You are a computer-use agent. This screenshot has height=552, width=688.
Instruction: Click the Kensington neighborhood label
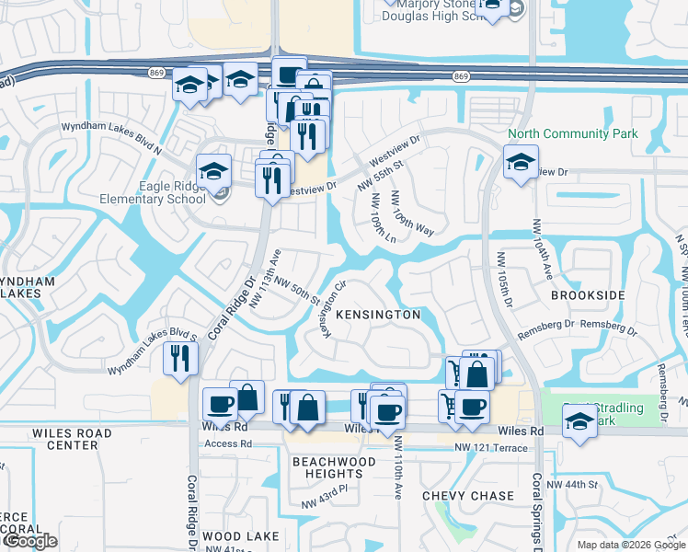pos(377,315)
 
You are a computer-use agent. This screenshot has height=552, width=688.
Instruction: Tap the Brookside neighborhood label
pos(587,295)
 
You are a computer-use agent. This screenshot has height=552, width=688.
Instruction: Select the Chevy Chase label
pos(468,496)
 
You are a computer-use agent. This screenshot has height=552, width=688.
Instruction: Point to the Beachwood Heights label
pos(334,467)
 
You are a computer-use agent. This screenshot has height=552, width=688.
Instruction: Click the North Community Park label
pos(572,133)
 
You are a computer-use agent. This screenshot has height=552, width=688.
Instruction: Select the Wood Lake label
pos(235,536)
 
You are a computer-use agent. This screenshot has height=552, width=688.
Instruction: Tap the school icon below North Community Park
pos(521,165)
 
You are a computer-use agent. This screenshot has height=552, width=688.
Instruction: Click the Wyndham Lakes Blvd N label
pos(110,140)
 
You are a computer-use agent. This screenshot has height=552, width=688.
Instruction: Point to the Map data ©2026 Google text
pos(630,544)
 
